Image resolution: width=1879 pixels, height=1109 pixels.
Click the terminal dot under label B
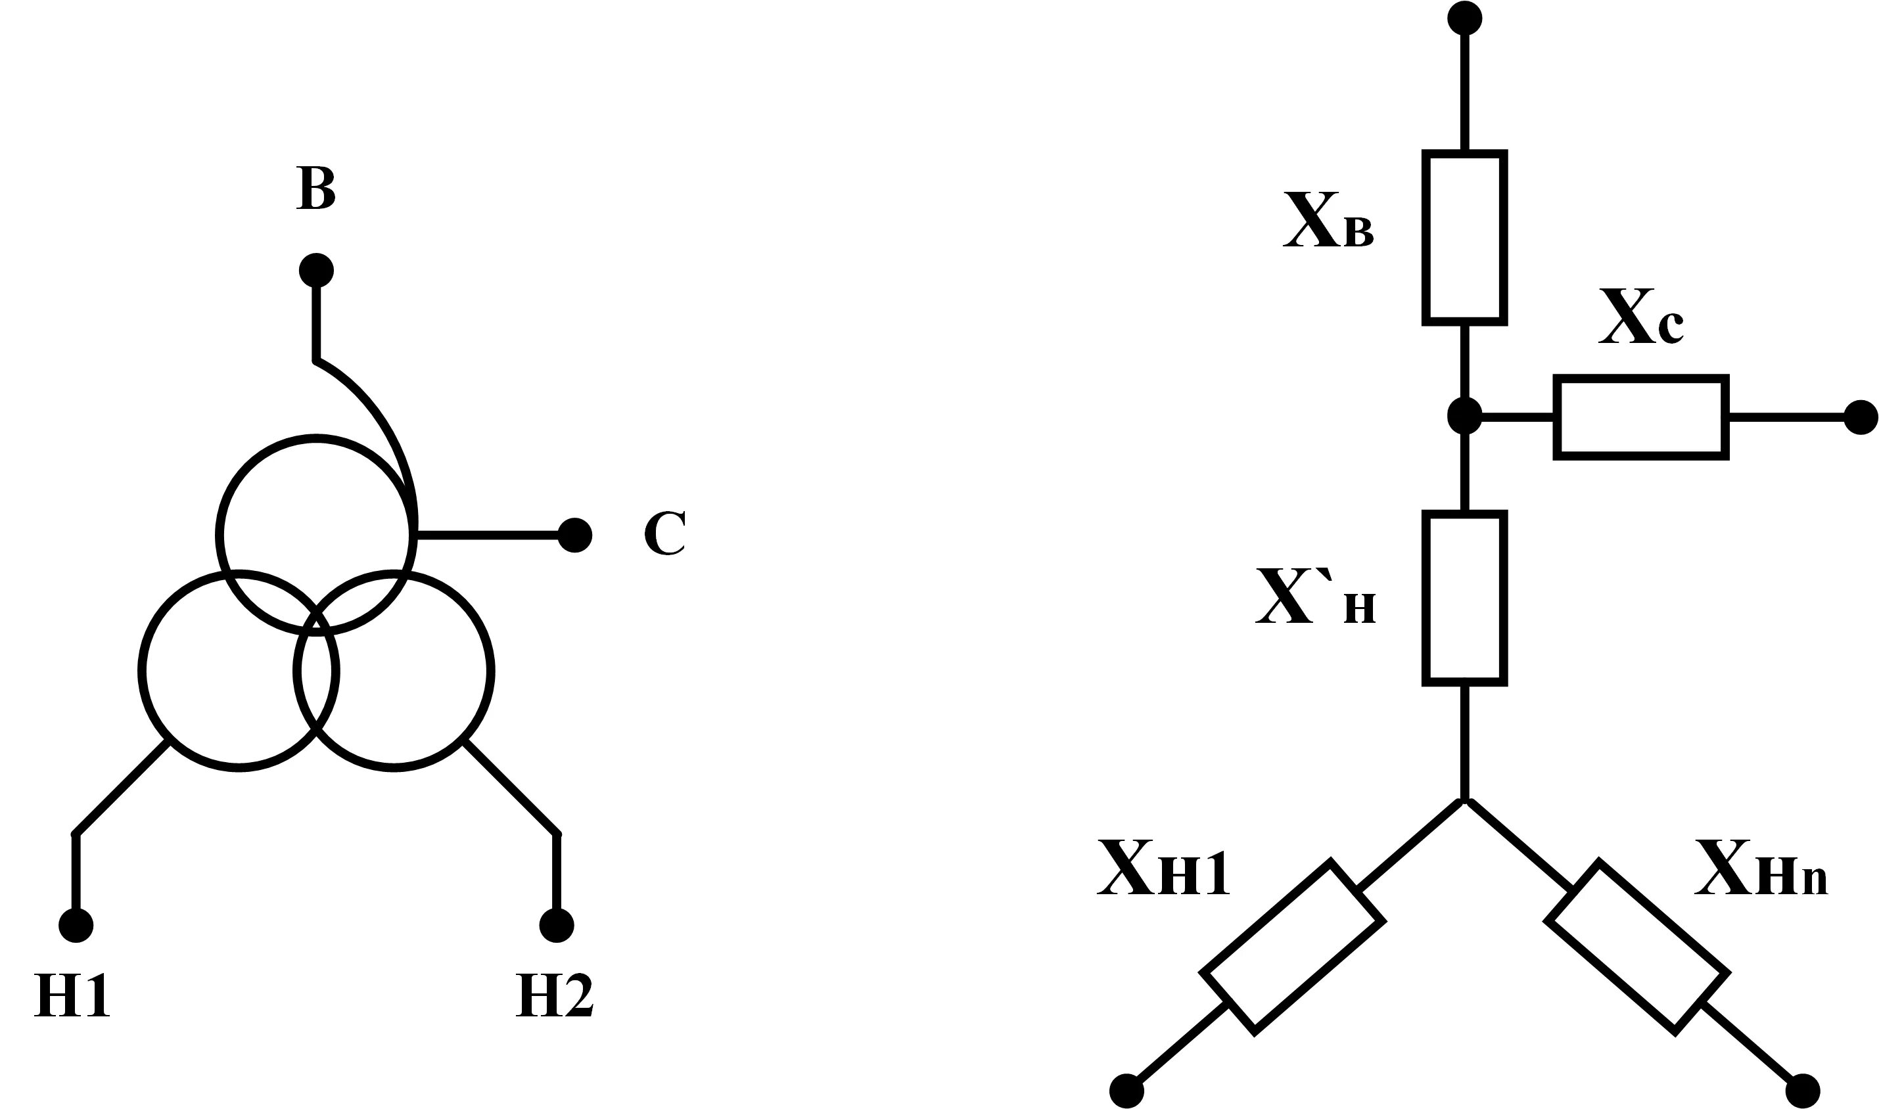[316, 270]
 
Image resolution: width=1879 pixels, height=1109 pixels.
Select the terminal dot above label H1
[76, 926]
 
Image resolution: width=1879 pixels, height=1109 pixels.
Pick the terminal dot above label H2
[556, 926]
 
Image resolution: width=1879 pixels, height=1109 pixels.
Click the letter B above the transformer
[315, 188]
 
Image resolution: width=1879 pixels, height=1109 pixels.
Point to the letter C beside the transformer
[664, 533]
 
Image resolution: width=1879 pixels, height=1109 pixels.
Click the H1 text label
[72, 995]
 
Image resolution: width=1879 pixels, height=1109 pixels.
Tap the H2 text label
[555, 995]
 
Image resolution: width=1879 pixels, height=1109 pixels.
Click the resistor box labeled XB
[1464, 238]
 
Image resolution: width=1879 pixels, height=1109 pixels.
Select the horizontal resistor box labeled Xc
[1641, 417]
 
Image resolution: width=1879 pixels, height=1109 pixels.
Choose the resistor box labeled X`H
[1464, 599]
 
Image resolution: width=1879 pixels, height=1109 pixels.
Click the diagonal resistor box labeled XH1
[1292, 947]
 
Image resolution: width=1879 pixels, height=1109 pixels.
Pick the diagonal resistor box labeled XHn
[1637, 947]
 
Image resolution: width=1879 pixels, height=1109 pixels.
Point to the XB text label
[1328, 221]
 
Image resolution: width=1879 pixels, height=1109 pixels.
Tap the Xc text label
[1641, 317]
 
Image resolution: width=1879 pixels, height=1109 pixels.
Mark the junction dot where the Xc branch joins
[1464, 417]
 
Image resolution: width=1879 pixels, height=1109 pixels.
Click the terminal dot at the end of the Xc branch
[1861, 418]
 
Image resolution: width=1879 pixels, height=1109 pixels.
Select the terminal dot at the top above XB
[1464, 18]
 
